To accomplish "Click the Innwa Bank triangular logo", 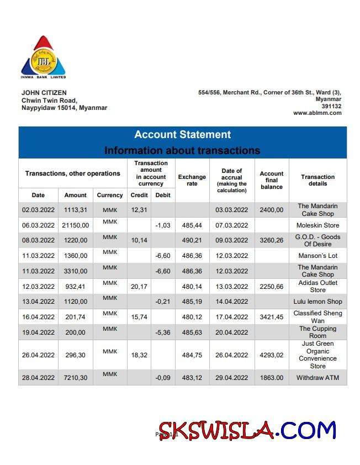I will tap(44, 56).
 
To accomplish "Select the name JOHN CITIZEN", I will tap(44, 93).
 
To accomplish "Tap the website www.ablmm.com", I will tap(317, 113).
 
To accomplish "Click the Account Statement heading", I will tap(182, 135).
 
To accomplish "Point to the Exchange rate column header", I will tap(192, 180).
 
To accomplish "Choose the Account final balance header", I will tap(271, 180).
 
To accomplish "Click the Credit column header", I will tap(139, 195).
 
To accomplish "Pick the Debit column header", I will tap(163, 195).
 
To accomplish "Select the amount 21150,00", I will tap(75, 225).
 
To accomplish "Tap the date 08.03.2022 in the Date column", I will tap(38, 240).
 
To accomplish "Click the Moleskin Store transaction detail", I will tap(317, 225).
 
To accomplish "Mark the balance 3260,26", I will tap(271, 240).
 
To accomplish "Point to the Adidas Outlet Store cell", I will tap(317, 286).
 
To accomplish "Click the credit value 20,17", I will tap(139, 287).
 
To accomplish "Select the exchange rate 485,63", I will tap(192, 332).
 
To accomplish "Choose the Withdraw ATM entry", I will tap(317, 378).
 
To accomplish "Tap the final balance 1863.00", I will tap(271, 378).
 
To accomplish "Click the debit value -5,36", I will tap(163, 332).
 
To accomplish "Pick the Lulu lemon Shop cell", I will tap(317, 302).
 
